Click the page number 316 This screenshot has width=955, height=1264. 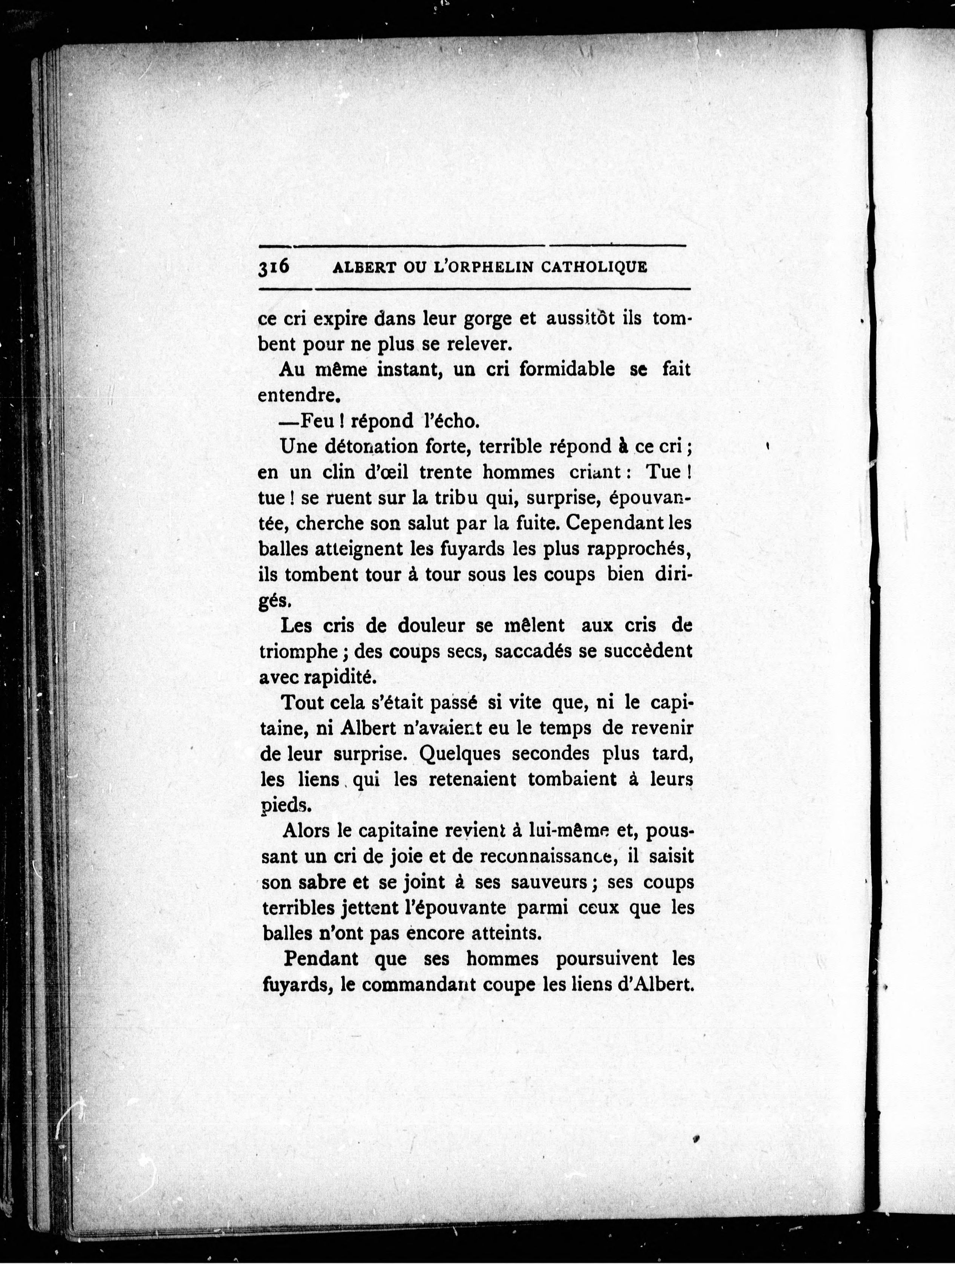(x=274, y=267)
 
